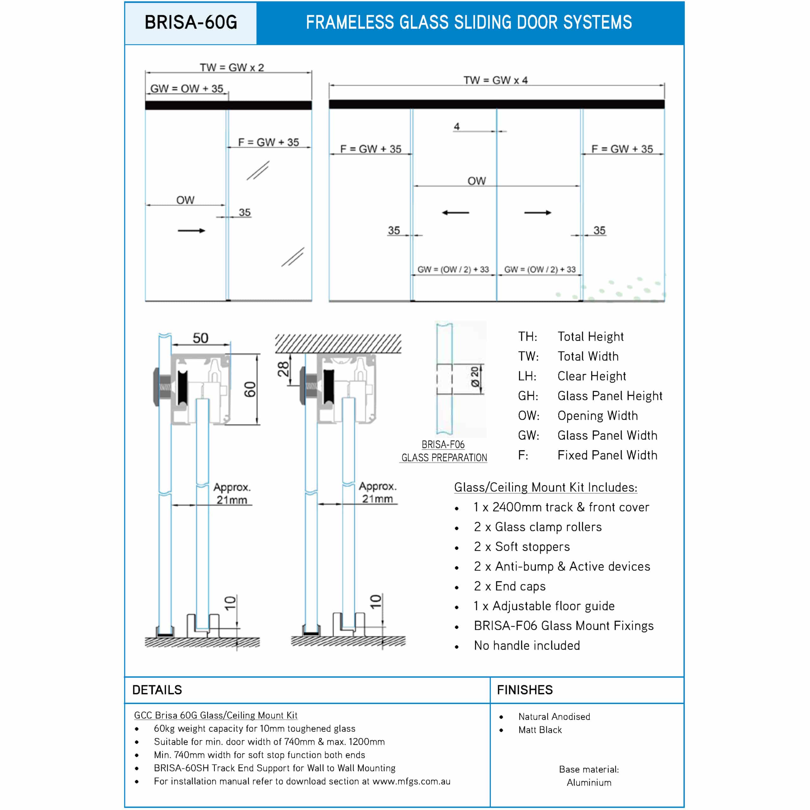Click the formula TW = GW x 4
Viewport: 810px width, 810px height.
(495, 80)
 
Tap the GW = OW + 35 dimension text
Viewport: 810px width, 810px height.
(187, 89)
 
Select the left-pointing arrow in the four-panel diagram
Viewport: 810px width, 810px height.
(455, 213)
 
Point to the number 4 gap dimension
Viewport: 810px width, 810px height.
(457, 126)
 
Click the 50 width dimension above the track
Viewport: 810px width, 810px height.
(200, 338)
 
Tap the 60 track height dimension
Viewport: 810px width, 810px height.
(250, 389)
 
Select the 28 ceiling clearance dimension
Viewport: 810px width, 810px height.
(283, 369)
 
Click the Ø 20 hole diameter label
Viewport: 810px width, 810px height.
(475, 377)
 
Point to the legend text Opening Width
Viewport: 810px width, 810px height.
(597, 415)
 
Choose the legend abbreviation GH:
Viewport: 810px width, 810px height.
(528, 396)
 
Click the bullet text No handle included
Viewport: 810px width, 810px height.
(526, 645)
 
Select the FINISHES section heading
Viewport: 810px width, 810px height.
(525, 690)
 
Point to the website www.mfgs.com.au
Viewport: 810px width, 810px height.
(411, 781)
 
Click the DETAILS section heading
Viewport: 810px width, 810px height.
(157, 690)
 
